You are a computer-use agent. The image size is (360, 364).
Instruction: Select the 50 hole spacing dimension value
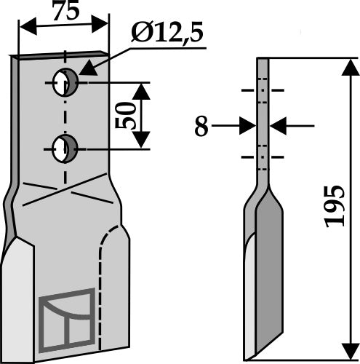[x=127, y=114]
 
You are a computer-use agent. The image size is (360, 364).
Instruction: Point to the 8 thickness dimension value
[x=201, y=128]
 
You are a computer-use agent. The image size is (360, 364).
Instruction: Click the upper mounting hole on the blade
[x=67, y=82]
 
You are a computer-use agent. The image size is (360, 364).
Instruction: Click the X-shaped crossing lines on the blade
[x=64, y=192]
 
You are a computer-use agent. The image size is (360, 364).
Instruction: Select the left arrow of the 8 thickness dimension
[x=247, y=127]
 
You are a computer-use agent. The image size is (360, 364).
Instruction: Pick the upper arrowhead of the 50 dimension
[x=143, y=90]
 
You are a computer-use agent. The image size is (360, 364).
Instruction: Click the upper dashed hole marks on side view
[x=262, y=92]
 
